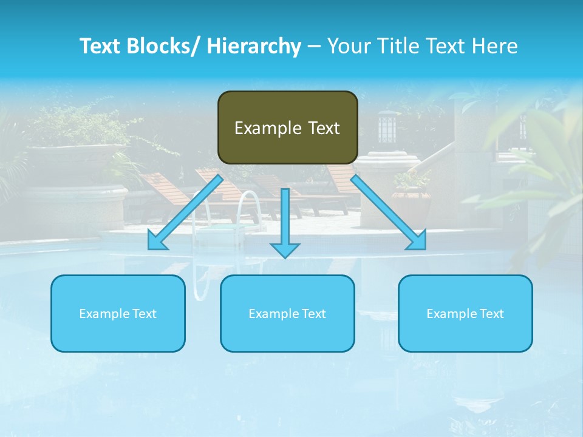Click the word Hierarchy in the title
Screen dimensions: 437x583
254,46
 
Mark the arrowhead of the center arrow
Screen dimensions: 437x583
285,249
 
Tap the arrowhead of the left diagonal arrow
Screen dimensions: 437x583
156,242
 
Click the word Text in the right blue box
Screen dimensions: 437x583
491,314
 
